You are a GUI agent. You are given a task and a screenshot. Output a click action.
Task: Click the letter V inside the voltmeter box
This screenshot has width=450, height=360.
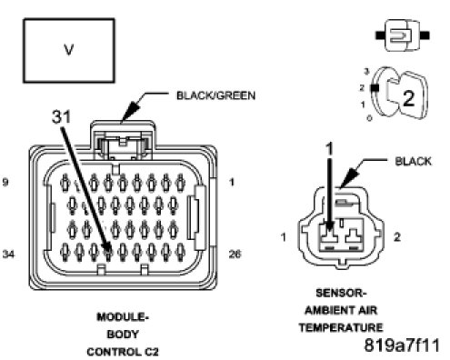tap(69, 50)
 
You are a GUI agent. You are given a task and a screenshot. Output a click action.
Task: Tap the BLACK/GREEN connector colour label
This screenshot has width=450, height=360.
tap(215, 95)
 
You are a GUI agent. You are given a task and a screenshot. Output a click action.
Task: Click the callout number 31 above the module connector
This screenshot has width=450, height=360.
tap(62, 116)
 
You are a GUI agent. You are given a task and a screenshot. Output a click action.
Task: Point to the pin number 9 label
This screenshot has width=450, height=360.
tap(5, 183)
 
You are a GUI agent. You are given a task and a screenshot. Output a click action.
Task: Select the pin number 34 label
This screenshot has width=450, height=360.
tap(8, 254)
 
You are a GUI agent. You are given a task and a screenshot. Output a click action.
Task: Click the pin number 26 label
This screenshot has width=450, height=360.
tap(235, 254)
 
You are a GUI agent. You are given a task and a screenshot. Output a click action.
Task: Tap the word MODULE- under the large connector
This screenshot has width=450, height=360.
tap(123, 317)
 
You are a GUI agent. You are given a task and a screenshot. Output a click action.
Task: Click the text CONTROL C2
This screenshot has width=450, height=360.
tap(123, 352)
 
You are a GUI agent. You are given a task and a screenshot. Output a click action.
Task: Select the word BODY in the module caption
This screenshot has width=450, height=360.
tap(123, 335)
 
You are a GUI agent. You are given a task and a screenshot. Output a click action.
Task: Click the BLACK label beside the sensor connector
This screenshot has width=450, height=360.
tap(413, 162)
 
